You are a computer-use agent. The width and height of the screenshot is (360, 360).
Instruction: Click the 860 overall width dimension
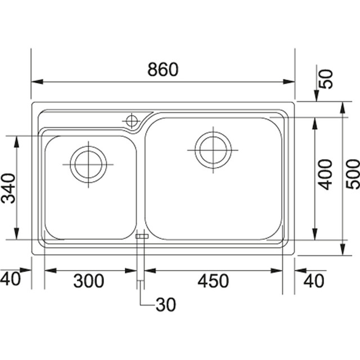point(163,69)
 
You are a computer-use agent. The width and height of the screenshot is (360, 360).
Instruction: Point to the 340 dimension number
point(8,188)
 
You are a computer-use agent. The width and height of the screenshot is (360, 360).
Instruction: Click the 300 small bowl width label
point(89,281)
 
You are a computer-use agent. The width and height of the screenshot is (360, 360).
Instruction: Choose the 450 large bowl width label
point(213,281)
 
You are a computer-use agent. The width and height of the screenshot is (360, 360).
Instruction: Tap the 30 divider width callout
point(166,305)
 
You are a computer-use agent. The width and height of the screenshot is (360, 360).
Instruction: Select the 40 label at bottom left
point(10,279)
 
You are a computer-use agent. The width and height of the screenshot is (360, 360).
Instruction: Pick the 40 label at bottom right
point(314,281)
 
